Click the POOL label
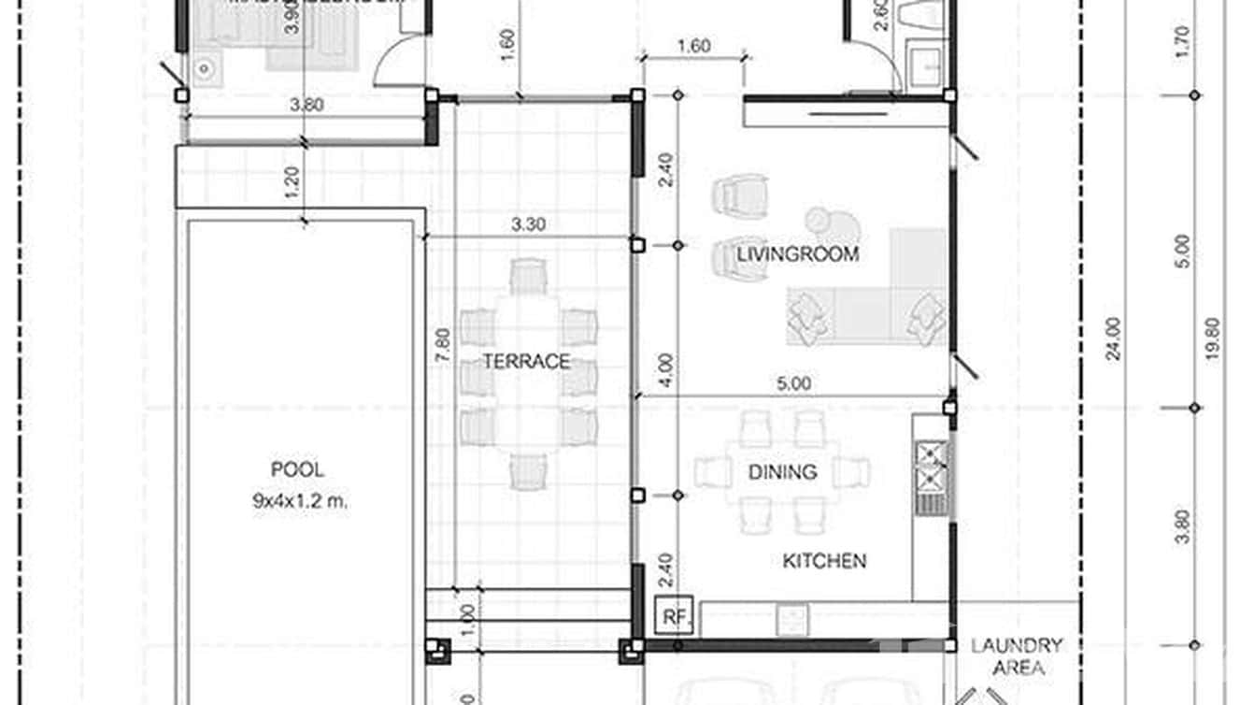pos(297,469)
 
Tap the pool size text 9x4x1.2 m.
pos(299,500)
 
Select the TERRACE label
pos(527,362)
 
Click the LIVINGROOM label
pos(797,253)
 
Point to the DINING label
pos(782,472)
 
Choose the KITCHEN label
pos(823,560)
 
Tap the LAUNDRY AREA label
pos(1017,656)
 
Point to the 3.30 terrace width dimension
pos(529,224)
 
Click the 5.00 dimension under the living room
pos(792,383)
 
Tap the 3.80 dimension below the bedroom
pos(306,105)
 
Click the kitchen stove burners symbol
pos(932,468)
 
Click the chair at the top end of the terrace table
pos(528,276)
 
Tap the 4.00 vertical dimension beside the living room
pos(663,372)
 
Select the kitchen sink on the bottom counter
pos(791,618)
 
